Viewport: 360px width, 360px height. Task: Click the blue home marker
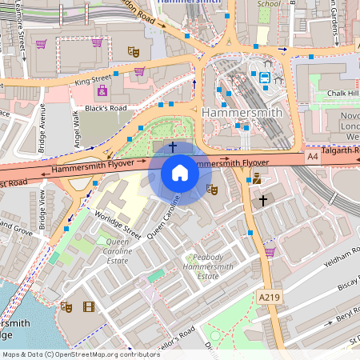coord(180,172)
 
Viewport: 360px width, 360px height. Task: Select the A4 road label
coord(313,158)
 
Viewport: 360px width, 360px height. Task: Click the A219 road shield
coord(269,297)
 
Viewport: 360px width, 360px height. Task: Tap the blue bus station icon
coord(264,78)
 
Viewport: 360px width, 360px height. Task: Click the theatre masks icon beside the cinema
coord(66,306)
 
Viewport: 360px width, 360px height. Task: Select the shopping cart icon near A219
coord(270,252)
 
